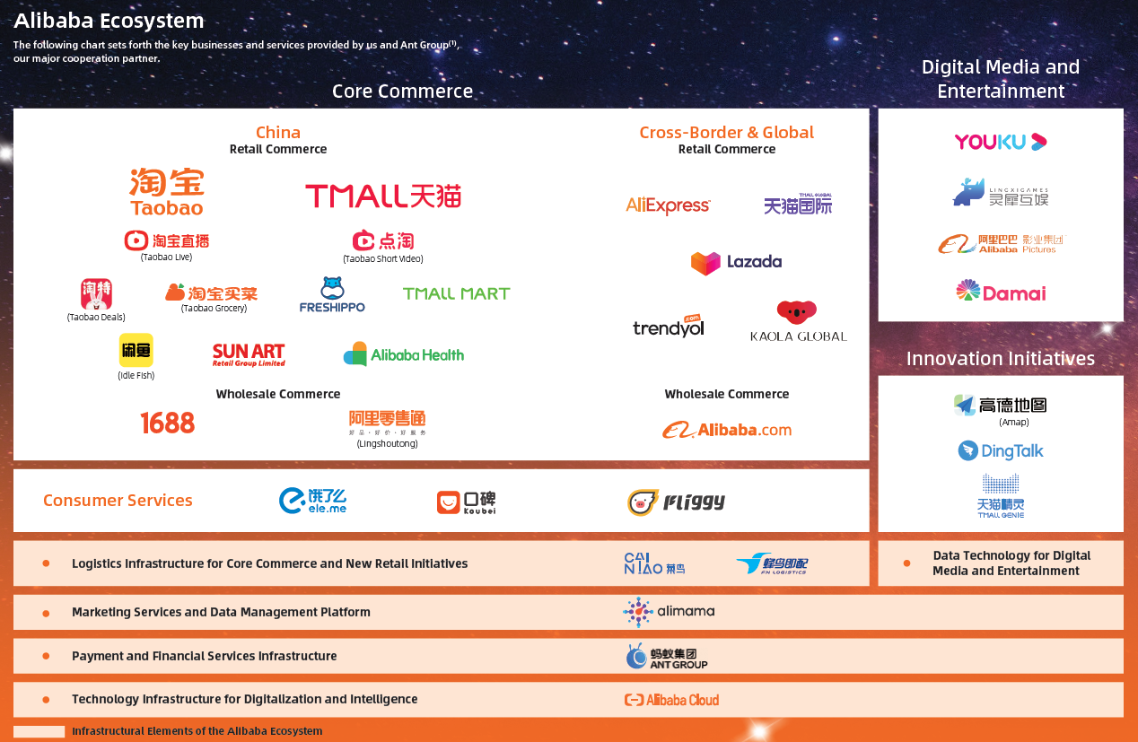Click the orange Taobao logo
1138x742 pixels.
pos(167,192)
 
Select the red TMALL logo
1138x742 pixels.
pos(383,196)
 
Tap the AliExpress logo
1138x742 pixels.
pos(668,205)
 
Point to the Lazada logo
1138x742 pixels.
pos(736,262)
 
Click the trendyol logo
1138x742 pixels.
pos(669,327)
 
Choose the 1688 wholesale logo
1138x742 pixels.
pos(168,423)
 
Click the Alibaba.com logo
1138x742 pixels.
pos(727,430)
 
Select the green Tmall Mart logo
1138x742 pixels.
pos(456,293)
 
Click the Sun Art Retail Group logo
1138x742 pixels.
pos(249,355)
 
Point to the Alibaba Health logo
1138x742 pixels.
pos(404,354)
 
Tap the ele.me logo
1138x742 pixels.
pos(312,501)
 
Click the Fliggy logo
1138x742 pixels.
pos(676,502)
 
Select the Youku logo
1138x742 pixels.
pos(1000,142)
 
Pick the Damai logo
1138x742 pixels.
pos(1000,292)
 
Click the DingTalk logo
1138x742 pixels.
pos(1000,450)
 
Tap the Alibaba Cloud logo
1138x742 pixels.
pos(671,700)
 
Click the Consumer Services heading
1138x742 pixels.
pos(118,501)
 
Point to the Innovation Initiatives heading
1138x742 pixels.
pos(1000,358)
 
